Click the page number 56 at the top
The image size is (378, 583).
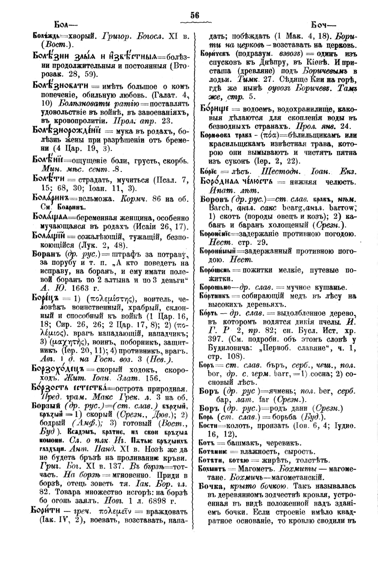click(195, 15)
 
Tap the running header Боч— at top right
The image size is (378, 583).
click(322, 25)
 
